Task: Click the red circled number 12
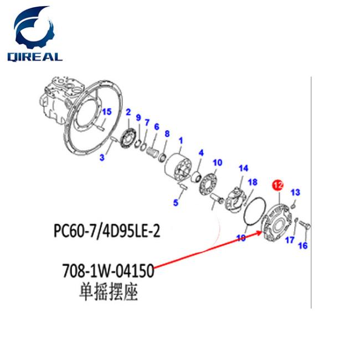point(278,186)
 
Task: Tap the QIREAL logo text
point(35,56)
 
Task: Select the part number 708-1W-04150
point(108,271)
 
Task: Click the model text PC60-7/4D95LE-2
point(107,230)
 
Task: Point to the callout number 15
point(107,112)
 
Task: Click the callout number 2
point(128,112)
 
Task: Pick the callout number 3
point(102,157)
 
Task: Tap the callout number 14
point(243,168)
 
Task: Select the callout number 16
point(303,245)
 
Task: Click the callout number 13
point(295,192)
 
